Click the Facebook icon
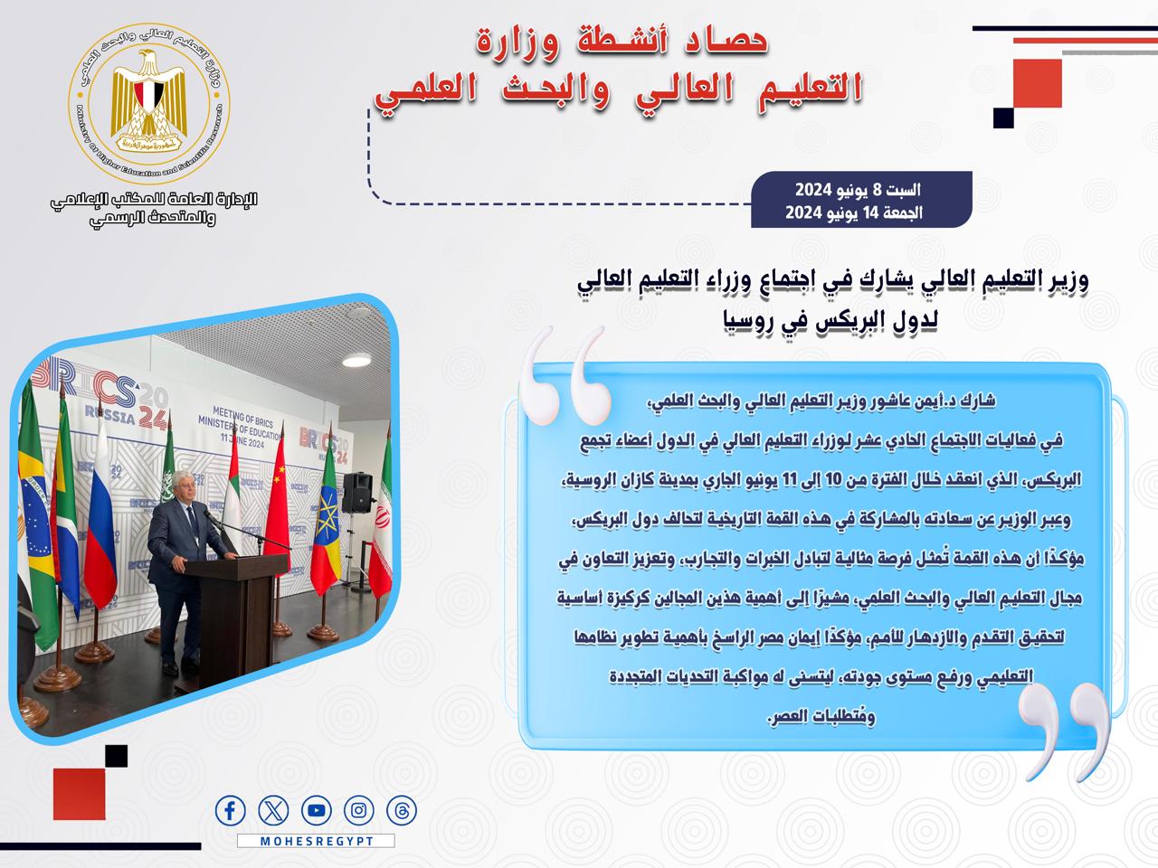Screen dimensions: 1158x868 click(x=230, y=810)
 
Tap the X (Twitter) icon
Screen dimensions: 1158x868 click(x=273, y=810)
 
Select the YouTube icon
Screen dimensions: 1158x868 click(x=317, y=810)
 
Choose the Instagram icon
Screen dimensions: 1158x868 click(x=359, y=810)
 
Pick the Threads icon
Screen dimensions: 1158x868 click(x=402, y=810)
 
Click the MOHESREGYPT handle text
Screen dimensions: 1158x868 click(x=317, y=841)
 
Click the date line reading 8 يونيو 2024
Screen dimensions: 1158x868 click(x=858, y=190)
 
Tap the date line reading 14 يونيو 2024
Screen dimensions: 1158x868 click(x=854, y=212)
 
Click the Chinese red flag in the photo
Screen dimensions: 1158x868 click(x=278, y=495)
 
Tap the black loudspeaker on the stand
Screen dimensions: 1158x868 click(x=357, y=493)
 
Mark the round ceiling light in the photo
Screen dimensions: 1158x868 click(x=356, y=360)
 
